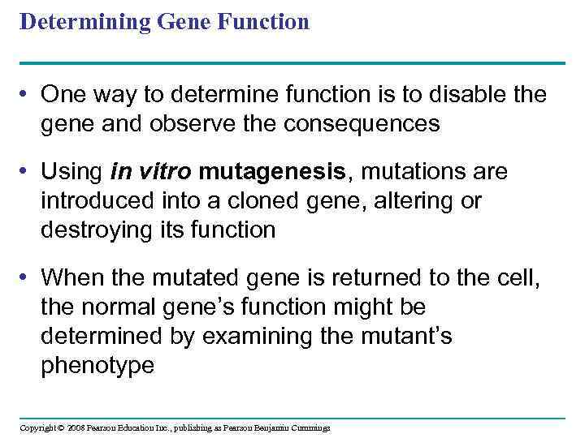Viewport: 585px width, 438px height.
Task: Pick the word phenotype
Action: (97, 365)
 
